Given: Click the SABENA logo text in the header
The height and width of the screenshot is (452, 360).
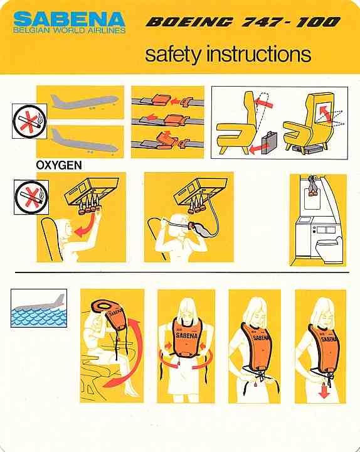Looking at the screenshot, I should click(70, 18).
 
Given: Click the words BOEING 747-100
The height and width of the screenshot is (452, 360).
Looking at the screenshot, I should click(243, 23).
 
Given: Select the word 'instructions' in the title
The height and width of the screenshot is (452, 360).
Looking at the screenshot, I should click(258, 55).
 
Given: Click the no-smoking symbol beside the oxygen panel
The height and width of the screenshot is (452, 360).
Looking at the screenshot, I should click(31, 197).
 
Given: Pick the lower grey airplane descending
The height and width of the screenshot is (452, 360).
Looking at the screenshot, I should click(84, 139).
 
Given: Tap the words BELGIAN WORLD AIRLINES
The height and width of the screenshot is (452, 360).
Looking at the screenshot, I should click(70, 30).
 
